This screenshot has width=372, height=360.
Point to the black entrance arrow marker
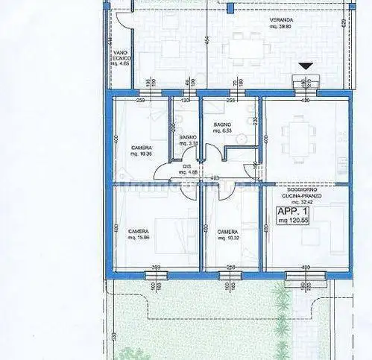click(x=305, y=66)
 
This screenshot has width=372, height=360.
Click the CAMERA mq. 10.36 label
click(x=142, y=151)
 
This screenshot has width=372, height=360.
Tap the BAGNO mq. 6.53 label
click(x=223, y=128)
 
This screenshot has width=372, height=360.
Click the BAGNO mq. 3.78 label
click(x=187, y=142)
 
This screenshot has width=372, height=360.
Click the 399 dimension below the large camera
click(x=156, y=267)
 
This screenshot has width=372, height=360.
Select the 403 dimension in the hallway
click(x=214, y=178)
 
